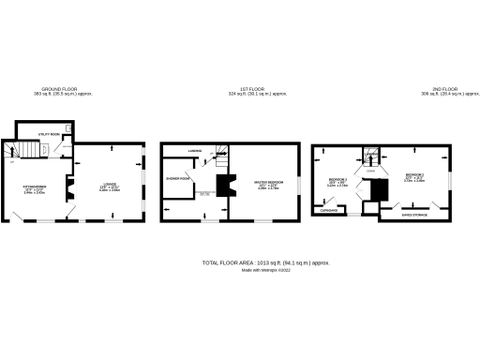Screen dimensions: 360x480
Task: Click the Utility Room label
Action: pyautogui.click(x=49, y=134)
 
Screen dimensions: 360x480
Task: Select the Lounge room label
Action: pyautogui.click(x=110, y=187)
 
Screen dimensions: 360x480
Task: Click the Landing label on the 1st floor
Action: pyautogui.click(x=194, y=150)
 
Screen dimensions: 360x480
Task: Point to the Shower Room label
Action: pyautogui.click(x=178, y=177)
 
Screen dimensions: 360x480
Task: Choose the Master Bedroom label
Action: pyautogui.click(x=267, y=184)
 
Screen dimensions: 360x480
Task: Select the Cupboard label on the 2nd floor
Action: pyautogui.click(x=328, y=211)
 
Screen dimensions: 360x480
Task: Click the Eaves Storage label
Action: pyautogui.click(x=415, y=214)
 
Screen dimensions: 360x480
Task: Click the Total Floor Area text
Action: pyautogui.click(x=265, y=262)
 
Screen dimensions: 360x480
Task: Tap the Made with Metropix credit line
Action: pyautogui.click(x=266, y=270)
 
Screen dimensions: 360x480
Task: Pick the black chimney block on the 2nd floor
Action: pyautogui.click(x=377, y=190)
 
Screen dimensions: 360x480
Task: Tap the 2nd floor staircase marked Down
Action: pyautogui.click(x=371, y=157)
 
